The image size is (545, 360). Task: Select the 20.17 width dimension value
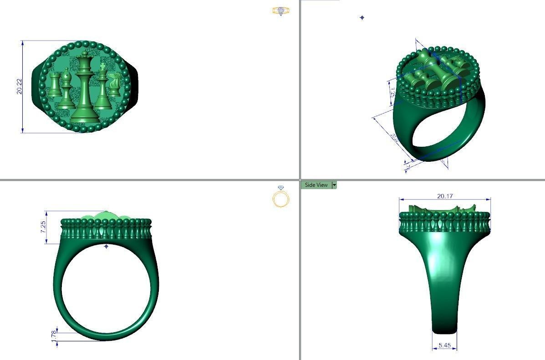445,196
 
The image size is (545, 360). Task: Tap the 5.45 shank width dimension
444,345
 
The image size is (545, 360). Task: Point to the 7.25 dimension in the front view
43,227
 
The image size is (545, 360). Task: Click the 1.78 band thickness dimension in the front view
53,334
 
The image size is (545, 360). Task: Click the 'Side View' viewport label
316,185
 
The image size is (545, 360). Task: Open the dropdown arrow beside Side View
335,185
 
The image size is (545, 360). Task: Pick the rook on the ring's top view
55,84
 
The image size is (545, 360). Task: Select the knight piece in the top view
115,85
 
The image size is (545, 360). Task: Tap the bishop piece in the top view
66,90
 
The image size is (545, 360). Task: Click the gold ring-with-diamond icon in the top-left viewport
280,11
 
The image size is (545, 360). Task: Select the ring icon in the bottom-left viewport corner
281,197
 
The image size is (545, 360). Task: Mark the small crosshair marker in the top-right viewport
362,18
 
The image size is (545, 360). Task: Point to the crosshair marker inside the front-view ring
106,247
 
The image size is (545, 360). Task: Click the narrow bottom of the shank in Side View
444,326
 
